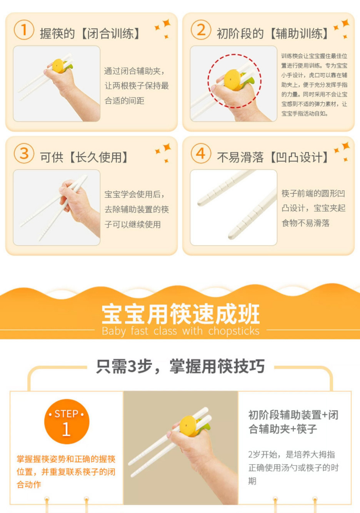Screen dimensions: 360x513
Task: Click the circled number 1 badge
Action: click(24, 30)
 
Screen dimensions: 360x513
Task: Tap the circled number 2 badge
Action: click(201, 30)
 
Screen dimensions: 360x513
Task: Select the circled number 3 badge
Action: click(24, 154)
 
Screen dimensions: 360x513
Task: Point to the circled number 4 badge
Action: click(201, 154)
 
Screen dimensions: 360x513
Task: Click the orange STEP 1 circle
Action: click(67, 422)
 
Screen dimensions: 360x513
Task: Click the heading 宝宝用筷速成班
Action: click(180, 314)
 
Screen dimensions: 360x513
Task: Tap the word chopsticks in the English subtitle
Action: click(234, 331)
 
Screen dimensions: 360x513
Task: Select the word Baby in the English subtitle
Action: click(114, 331)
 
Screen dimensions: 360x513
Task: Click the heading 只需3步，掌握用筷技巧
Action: click(180, 366)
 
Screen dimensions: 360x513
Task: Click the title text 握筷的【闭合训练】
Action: click(90, 33)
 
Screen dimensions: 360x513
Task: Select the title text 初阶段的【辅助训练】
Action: click(272, 33)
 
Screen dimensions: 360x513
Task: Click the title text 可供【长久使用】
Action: click(83, 157)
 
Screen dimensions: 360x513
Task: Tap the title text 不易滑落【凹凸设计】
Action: click(272, 157)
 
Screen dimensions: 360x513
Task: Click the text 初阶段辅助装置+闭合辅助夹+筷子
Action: click(293, 422)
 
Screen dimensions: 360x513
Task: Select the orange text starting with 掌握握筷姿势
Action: click(66, 472)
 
